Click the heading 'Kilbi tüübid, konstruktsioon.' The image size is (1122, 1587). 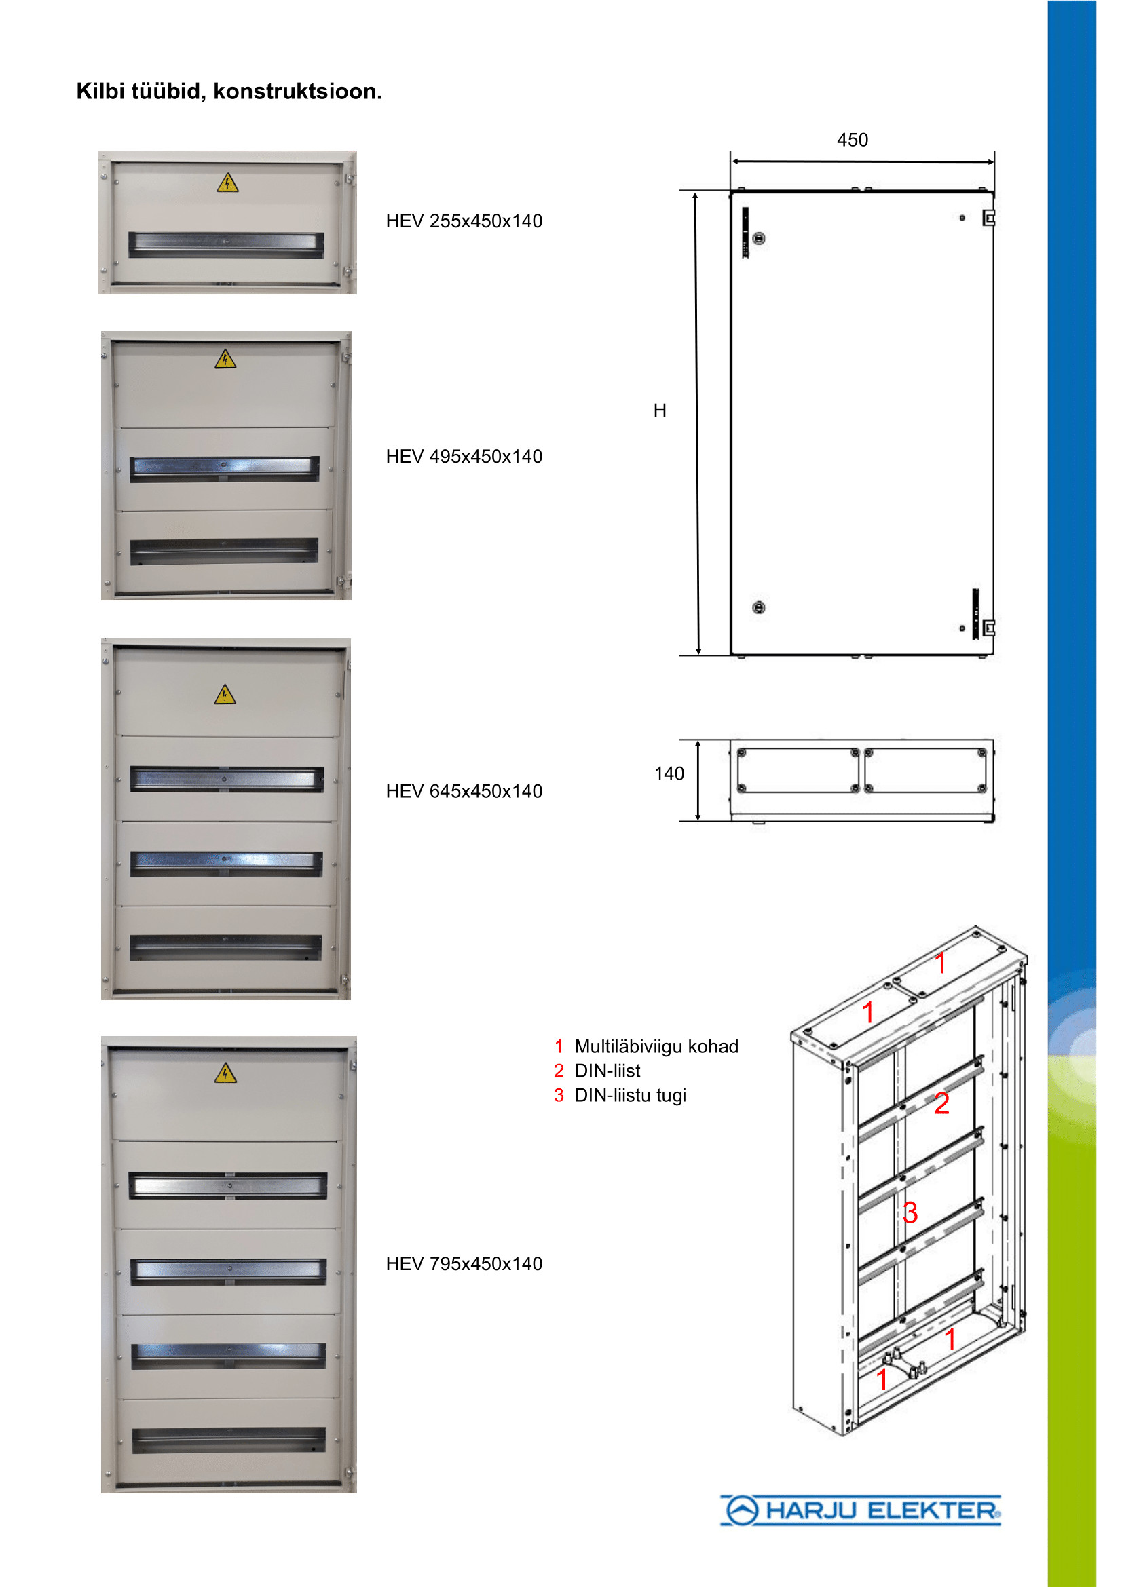(x=229, y=91)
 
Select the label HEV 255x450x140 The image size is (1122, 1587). (x=464, y=221)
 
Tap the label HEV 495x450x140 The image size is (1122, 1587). (x=464, y=456)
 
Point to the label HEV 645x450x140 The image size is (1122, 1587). (x=464, y=790)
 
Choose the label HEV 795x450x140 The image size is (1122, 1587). (x=464, y=1263)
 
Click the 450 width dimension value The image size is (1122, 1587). (x=853, y=140)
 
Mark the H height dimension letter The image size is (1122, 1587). (x=660, y=410)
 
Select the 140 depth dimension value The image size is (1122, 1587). (x=669, y=773)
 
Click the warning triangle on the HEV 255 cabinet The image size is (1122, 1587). (x=227, y=183)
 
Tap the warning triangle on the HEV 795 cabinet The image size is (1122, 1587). (x=225, y=1073)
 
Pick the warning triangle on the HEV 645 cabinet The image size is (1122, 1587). (x=225, y=695)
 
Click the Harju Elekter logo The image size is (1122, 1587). (x=861, y=1510)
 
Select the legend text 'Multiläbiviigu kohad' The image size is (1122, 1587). (x=656, y=1046)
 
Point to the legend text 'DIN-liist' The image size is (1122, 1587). (x=607, y=1071)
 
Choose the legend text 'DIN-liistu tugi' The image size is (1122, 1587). (x=630, y=1095)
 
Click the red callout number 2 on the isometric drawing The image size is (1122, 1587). (x=941, y=1104)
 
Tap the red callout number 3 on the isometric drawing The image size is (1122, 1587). (x=910, y=1212)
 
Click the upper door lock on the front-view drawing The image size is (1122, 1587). (x=759, y=238)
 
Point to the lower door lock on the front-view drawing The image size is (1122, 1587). (x=758, y=607)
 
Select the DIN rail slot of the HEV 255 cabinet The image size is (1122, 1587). (x=226, y=244)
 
